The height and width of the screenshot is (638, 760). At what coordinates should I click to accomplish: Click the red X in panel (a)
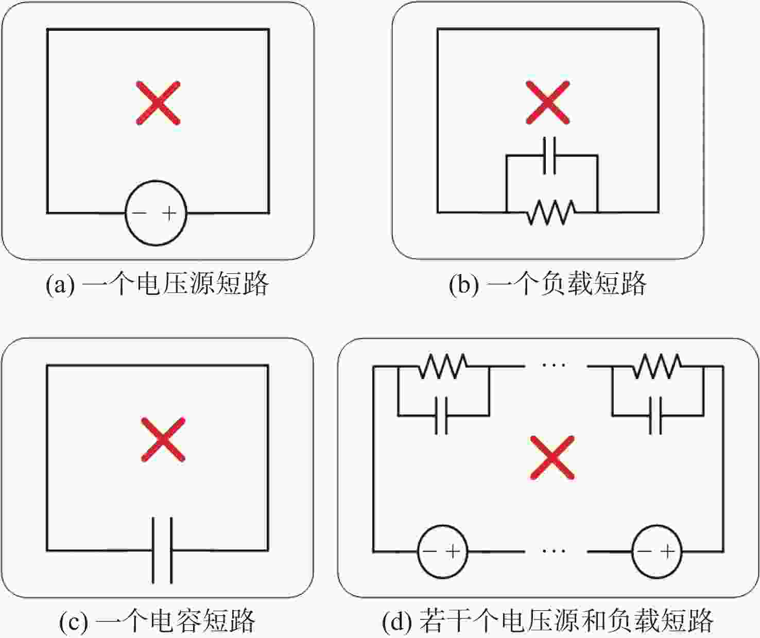pyautogui.click(x=158, y=103)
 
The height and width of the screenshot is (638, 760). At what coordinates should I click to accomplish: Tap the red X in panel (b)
pyautogui.click(x=548, y=102)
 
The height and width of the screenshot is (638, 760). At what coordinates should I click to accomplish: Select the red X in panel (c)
pyautogui.click(x=163, y=440)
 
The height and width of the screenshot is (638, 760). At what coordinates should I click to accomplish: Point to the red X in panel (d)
pyautogui.click(x=552, y=457)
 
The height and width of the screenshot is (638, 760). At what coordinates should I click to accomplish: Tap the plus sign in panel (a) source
pyautogui.click(x=169, y=213)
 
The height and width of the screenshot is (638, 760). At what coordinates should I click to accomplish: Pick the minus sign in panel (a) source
pyautogui.click(x=140, y=213)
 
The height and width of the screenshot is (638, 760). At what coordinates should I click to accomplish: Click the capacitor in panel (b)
pyautogui.click(x=549, y=156)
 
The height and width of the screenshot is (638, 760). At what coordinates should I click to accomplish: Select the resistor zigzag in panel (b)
pyautogui.click(x=551, y=213)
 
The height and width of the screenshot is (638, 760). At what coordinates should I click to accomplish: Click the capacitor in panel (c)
pyautogui.click(x=162, y=550)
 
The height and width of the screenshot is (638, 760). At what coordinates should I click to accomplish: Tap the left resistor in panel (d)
pyautogui.click(x=443, y=366)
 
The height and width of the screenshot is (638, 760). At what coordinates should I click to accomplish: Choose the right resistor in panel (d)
pyautogui.click(x=658, y=366)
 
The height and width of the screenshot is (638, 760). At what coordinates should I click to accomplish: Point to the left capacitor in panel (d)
pyautogui.click(x=441, y=416)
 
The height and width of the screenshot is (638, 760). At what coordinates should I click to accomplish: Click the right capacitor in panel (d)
pyautogui.click(x=655, y=416)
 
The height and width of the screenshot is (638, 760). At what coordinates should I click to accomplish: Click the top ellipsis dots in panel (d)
pyautogui.click(x=554, y=365)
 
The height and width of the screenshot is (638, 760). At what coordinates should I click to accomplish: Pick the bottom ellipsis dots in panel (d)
pyautogui.click(x=554, y=551)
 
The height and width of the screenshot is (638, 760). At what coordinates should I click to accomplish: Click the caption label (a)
pyautogui.click(x=60, y=284)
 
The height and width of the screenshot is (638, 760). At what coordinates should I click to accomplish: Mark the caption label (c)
pyautogui.click(x=74, y=621)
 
